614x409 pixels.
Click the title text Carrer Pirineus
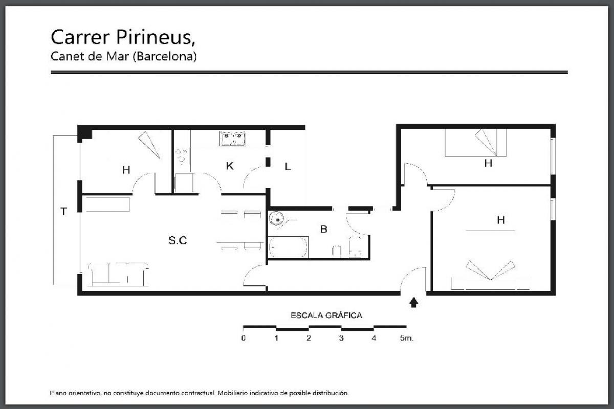(123, 37)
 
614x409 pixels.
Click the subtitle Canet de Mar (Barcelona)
(124, 56)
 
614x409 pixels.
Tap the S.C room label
(178, 240)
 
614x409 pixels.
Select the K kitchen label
(230, 166)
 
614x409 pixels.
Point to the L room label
(288, 167)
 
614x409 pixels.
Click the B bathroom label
(323, 229)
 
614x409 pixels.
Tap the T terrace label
(63, 212)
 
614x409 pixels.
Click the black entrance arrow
(413, 303)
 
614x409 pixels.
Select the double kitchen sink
(232, 139)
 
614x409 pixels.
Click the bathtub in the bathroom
(289, 247)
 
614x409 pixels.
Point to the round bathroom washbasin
(278, 219)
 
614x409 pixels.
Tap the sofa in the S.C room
(118, 275)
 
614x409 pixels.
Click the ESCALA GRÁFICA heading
(326, 315)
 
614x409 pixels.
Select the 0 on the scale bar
(244, 338)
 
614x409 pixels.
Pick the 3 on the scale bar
(341, 338)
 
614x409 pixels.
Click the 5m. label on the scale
(406, 338)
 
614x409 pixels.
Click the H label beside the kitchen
(126, 170)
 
